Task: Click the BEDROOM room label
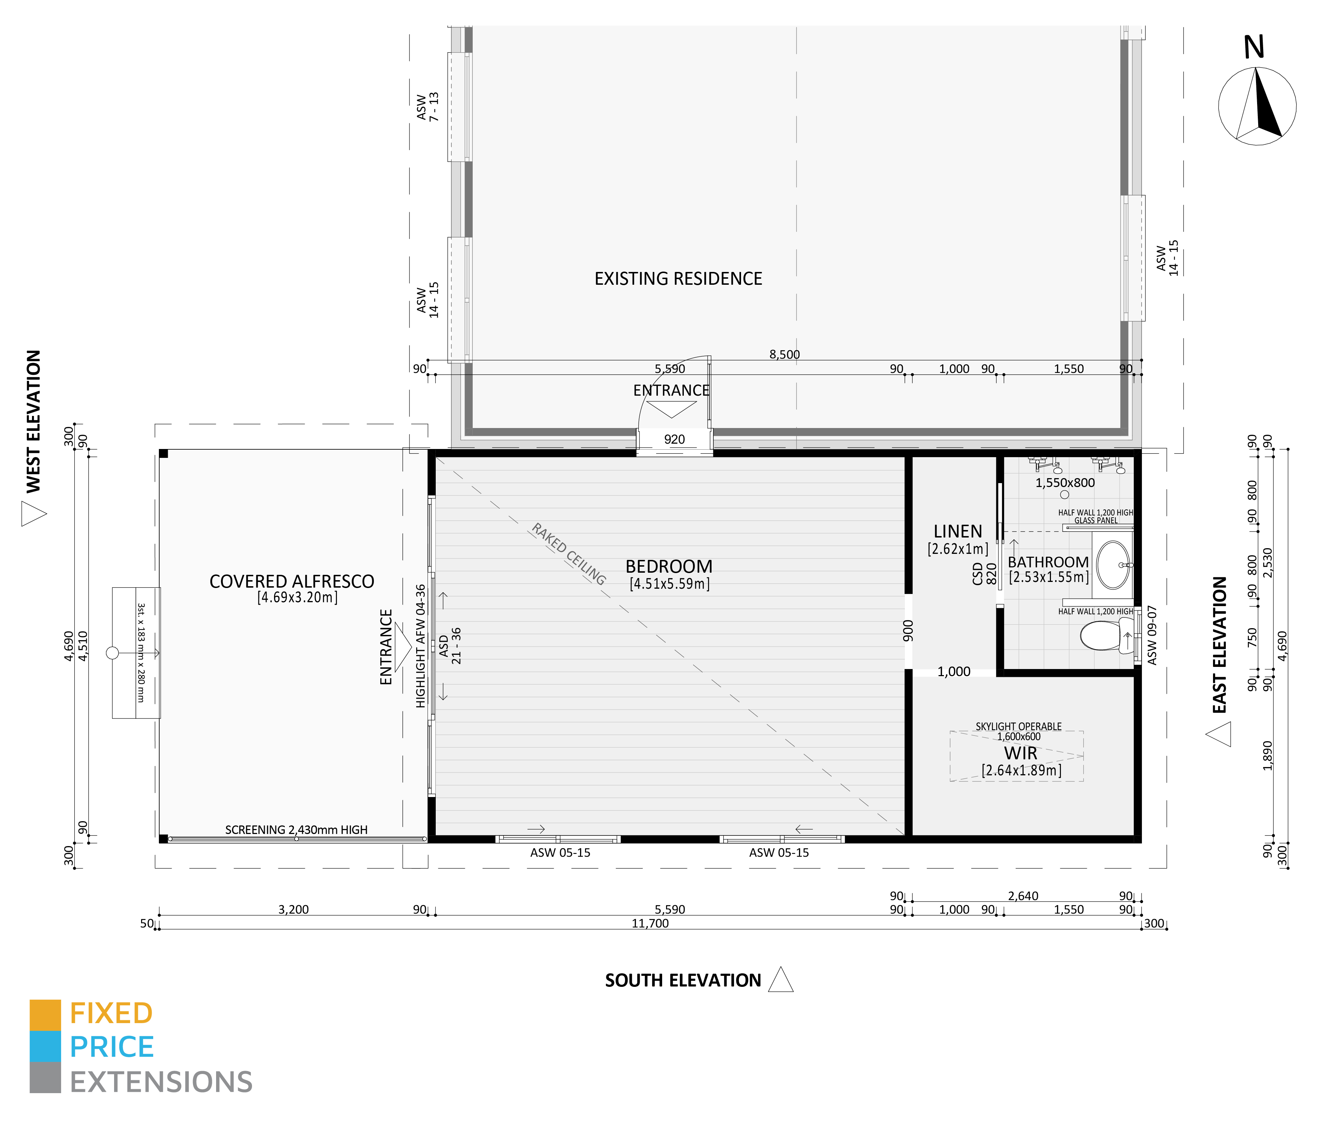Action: pos(669,567)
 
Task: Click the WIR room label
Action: pos(1020,753)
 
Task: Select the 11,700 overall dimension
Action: pos(650,923)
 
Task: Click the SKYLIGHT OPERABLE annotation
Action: pos(1018,726)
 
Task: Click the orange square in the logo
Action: pos(45,1015)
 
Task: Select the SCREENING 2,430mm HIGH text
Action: pos(296,829)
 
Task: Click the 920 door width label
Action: pos(674,439)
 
